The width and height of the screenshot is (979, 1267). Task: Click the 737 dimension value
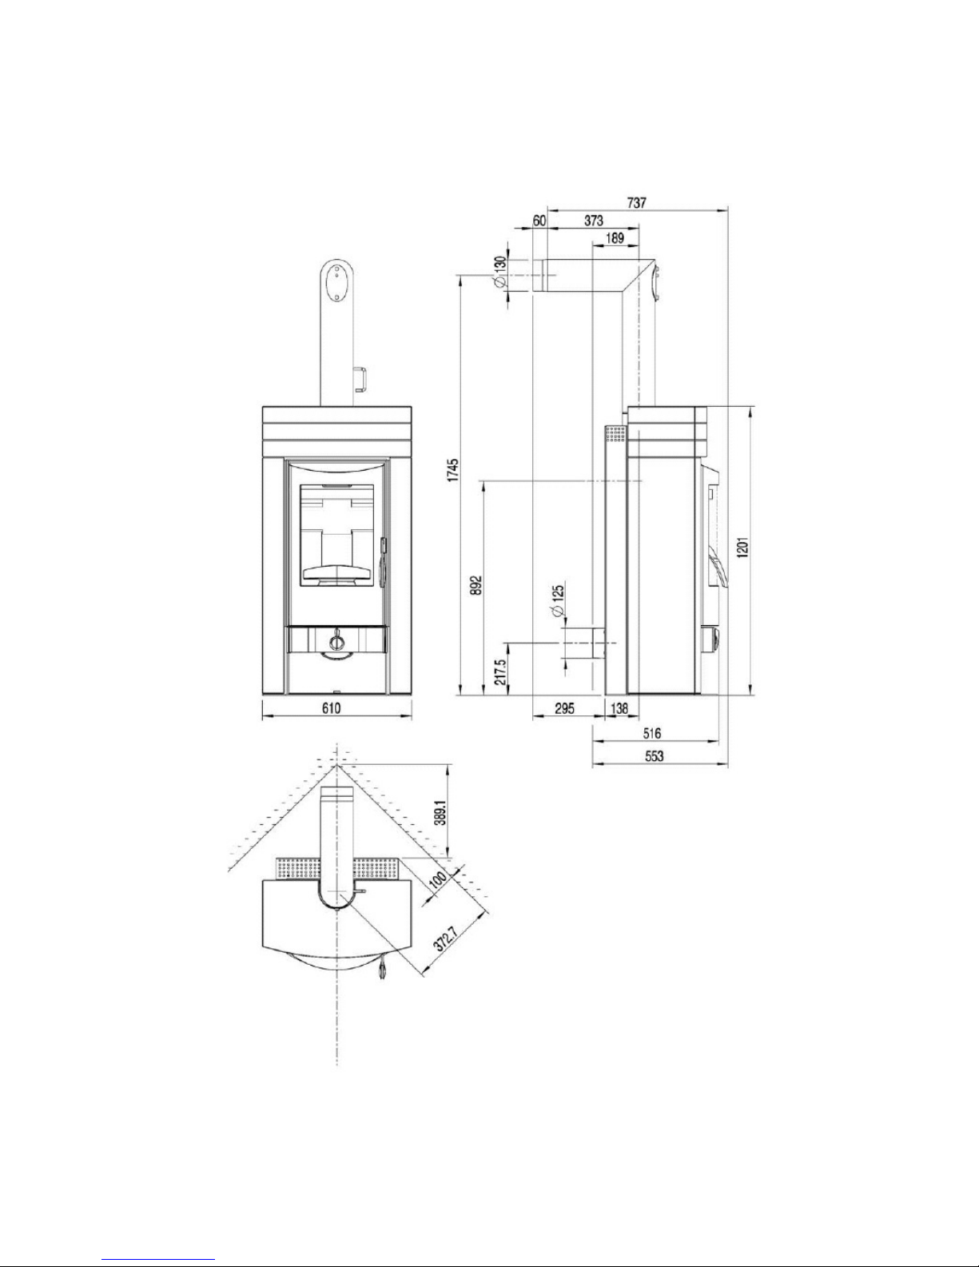click(x=636, y=202)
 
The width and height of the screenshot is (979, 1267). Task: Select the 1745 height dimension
click(x=453, y=471)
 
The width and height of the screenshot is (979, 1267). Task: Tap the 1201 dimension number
click(x=742, y=547)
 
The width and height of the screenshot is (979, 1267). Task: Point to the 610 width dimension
click(x=331, y=707)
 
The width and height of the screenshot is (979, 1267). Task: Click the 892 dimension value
click(x=476, y=585)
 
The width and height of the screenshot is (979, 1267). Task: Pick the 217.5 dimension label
click(x=499, y=673)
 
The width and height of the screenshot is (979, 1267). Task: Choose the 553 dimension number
click(x=654, y=756)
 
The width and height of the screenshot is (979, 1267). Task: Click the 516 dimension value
click(x=652, y=734)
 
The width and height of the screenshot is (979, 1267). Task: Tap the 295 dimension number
click(x=564, y=707)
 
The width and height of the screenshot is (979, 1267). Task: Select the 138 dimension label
click(x=619, y=707)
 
